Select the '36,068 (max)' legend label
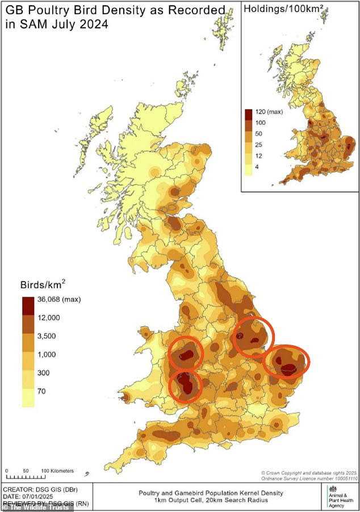pyautogui.click(x=61, y=299)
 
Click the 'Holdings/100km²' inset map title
pyautogui.click(x=278, y=9)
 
